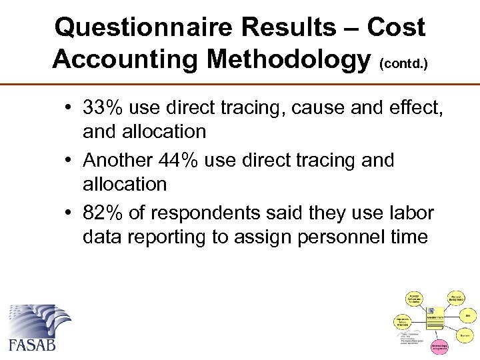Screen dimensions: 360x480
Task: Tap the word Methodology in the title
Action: point(289,59)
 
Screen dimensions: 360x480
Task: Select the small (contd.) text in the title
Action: point(403,64)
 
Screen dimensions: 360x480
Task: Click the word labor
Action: point(409,213)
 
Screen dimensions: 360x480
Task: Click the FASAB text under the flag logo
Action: point(32,345)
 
